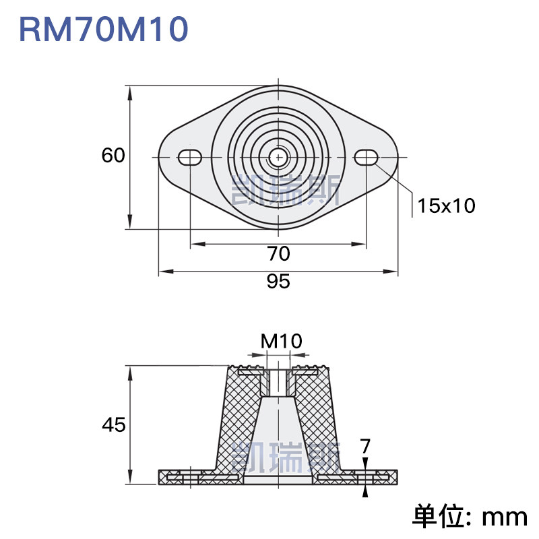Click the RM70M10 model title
click(104, 30)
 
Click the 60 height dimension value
click(113, 155)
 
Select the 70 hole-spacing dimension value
click(278, 254)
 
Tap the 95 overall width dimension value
click(278, 281)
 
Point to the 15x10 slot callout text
click(446, 205)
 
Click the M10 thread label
click(281, 342)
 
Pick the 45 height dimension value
click(114, 424)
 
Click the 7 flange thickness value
click(365, 446)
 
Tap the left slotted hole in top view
click(189, 158)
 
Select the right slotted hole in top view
click(366, 158)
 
